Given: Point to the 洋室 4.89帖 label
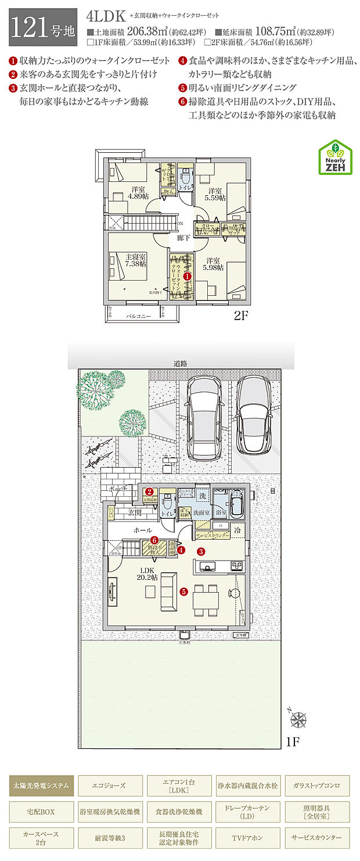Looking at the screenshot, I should coord(138,192).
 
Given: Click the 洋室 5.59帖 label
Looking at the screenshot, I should coord(215,194).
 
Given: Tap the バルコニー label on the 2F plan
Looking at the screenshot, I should coord(139,316).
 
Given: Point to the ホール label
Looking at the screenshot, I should coord(143,530).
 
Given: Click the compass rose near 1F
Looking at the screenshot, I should coord(298,720).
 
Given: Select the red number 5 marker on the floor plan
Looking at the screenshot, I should coord(183,592).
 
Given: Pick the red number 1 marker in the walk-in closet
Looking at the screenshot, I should coord(188,278).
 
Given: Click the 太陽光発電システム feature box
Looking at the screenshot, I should coord(41,785).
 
